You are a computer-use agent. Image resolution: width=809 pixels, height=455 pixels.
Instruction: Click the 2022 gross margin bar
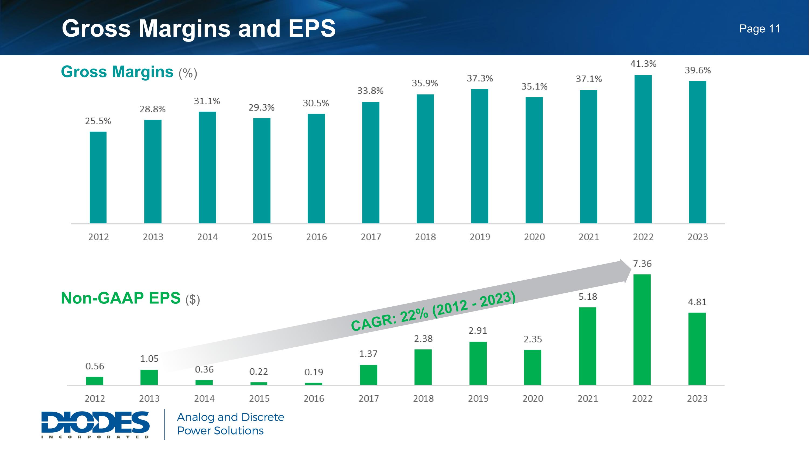click(x=643, y=149)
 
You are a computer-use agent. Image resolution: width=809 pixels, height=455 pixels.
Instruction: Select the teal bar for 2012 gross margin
click(x=98, y=177)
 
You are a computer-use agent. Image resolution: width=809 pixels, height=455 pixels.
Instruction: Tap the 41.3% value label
click(x=643, y=64)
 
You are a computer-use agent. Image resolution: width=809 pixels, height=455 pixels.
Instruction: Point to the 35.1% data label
click(x=534, y=86)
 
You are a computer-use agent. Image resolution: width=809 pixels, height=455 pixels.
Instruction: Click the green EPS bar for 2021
click(x=587, y=346)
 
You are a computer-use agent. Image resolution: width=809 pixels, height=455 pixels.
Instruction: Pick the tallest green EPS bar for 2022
click(x=642, y=330)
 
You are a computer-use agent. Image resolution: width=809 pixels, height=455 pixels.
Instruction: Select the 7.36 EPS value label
click(x=642, y=264)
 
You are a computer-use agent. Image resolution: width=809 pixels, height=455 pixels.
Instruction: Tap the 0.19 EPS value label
click(x=313, y=372)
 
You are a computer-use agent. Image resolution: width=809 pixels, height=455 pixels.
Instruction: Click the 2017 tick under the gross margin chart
click(x=371, y=237)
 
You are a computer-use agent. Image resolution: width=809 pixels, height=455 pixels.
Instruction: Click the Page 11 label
click(x=759, y=29)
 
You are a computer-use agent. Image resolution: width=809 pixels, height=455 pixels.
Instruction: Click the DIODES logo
click(x=95, y=424)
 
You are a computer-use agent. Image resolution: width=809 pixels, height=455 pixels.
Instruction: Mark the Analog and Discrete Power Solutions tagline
click(x=230, y=424)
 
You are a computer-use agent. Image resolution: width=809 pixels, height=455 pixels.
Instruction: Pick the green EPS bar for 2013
click(x=149, y=377)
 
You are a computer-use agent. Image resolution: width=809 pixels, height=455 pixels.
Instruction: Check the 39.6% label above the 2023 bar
click(x=698, y=70)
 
